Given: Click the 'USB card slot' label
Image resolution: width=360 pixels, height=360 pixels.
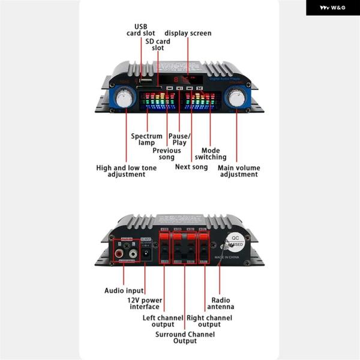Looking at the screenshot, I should (x=141, y=30).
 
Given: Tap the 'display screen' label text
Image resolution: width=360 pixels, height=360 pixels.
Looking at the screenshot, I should (x=188, y=33).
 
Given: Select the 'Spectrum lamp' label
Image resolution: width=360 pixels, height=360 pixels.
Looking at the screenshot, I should (x=146, y=140).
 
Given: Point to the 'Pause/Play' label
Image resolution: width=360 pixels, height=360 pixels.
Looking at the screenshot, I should (x=179, y=140).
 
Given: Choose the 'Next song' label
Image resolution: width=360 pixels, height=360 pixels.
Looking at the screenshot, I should (x=191, y=167).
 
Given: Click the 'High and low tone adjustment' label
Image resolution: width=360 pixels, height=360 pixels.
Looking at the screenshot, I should (x=127, y=171).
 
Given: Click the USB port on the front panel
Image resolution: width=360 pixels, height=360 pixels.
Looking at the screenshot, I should (x=145, y=79).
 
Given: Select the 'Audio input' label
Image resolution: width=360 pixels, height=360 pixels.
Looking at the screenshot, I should (x=124, y=290).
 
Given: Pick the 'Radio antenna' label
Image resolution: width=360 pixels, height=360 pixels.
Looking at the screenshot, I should (x=222, y=303).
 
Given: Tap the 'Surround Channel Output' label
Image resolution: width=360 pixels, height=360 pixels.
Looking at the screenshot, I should (x=185, y=337).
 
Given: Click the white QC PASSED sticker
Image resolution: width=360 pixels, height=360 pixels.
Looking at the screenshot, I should (x=236, y=242).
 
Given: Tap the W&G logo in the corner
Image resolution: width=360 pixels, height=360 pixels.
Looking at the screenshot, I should (x=332, y=8).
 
